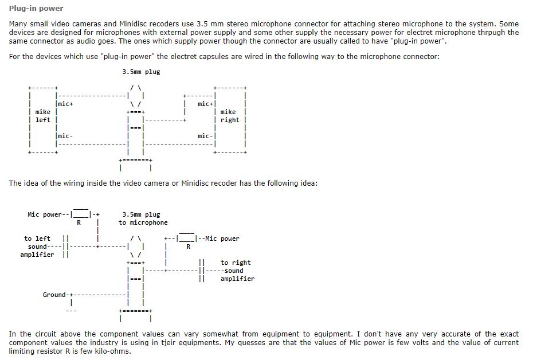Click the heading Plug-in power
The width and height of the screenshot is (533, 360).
[x=36, y=9]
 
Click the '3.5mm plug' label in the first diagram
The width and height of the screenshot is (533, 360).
[x=141, y=72]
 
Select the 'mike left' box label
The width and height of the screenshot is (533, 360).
[x=42, y=116]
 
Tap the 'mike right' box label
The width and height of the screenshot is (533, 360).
[x=229, y=116]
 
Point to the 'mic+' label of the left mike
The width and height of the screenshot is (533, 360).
[x=65, y=104]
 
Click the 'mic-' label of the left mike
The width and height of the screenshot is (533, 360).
[x=65, y=136]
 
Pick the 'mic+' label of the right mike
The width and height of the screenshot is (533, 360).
[x=205, y=104]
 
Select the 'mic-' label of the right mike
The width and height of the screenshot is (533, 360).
[x=205, y=136]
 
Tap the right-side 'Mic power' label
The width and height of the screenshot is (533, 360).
[x=222, y=238]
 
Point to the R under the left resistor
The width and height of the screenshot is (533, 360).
[x=79, y=222]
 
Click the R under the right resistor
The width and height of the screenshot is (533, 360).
[x=188, y=246]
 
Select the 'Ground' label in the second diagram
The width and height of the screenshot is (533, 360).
[x=54, y=295]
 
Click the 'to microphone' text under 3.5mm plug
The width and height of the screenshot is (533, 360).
[x=143, y=222]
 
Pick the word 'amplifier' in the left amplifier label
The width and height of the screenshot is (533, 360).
[x=37, y=255]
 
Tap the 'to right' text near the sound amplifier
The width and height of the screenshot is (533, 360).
[x=236, y=263]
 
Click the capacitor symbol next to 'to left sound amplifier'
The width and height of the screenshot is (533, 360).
[x=65, y=246]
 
